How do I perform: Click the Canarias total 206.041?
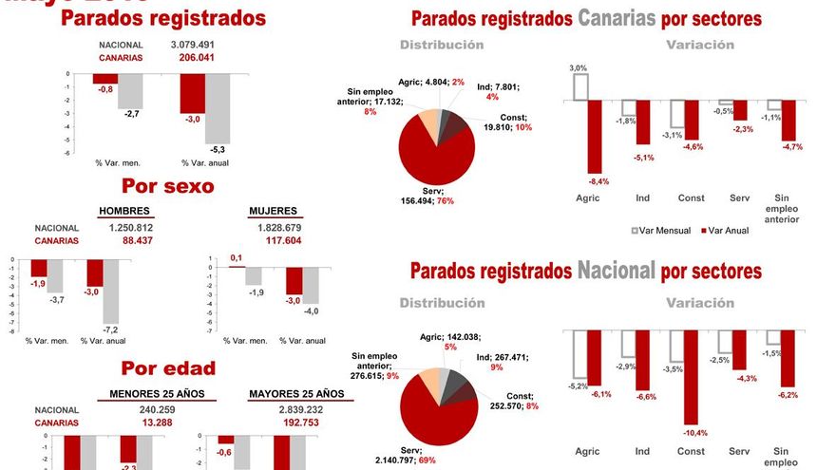click(198, 58)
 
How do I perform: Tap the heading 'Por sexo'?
click(167, 186)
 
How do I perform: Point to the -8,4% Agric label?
click(597, 181)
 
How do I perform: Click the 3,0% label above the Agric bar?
click(578, 68)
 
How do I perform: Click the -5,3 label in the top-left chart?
click(218, 150)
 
